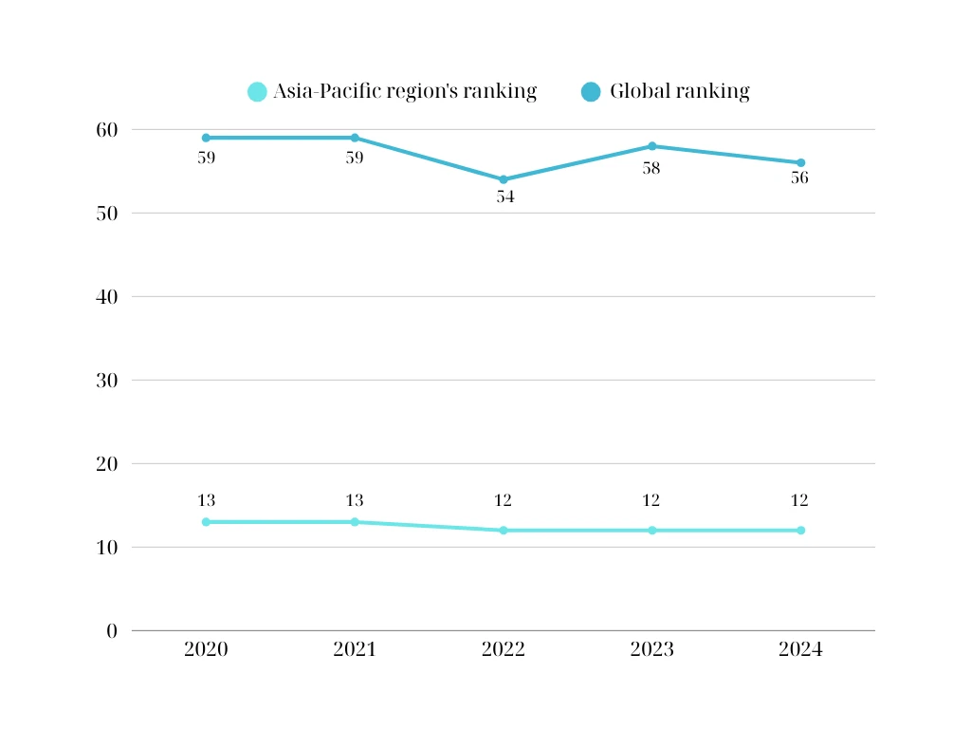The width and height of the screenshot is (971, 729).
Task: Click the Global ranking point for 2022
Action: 504,179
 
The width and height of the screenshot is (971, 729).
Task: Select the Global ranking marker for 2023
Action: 652,146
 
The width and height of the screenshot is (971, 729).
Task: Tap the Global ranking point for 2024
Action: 800,162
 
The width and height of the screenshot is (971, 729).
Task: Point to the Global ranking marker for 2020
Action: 206,138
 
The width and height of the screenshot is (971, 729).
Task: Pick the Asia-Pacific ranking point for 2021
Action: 355,522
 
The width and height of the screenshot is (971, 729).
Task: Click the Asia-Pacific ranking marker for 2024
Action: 800,531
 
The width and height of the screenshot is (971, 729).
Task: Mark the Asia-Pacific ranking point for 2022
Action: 504,531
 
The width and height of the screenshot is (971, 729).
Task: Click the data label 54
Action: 504,197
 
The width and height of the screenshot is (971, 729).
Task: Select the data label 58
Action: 651,168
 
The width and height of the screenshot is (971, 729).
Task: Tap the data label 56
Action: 799,178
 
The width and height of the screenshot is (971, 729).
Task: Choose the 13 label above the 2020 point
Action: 206,501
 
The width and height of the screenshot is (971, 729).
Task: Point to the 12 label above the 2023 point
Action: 651,501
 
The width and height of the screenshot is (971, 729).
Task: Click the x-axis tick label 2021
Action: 355,650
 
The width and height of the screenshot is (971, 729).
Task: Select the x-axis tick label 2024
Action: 800,650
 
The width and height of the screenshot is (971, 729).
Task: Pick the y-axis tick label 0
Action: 112,631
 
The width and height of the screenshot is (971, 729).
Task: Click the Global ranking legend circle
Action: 591,92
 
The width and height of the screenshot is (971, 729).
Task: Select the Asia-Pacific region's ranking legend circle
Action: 257,92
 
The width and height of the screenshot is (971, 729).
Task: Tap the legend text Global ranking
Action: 679,92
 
